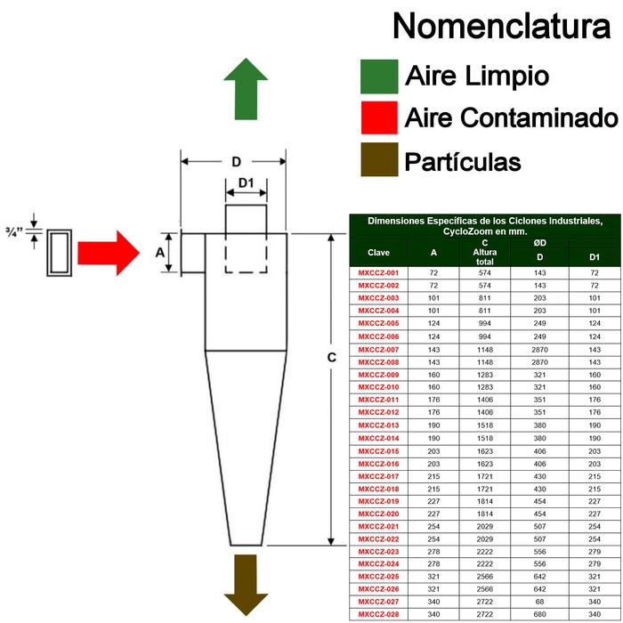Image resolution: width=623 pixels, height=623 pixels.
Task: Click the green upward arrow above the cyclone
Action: [x=246, y=89]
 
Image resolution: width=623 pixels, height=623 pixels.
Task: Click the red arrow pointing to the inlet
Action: [x=109, y=253]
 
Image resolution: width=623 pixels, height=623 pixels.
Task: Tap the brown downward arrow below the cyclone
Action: [x=246, y=585]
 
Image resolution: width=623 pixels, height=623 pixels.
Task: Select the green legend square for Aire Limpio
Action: [x=379, y=77]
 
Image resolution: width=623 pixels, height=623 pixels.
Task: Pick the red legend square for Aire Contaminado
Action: [x=379, y=117]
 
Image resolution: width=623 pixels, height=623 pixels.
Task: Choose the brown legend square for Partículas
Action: [x=379, y=159]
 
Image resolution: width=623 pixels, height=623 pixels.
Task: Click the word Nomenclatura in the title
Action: [x=501, y=26]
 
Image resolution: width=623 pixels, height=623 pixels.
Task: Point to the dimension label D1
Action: [x=246, y=182]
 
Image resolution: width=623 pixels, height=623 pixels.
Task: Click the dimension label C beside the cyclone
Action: [x=331, y=358]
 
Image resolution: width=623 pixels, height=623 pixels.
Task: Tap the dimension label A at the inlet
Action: [x=159, y=252]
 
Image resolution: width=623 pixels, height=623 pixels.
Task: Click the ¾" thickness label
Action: [x=15, y=231]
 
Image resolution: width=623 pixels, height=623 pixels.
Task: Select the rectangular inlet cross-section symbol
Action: [x=60, y=253]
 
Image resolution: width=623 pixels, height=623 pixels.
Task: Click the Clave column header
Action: [x=378, y=253]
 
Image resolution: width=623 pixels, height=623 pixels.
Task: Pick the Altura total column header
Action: [x=485, y=256]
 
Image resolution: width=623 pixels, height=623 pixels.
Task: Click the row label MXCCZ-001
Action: [x=378, y=273]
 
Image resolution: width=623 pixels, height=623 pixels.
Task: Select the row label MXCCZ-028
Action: [x=378, y=614]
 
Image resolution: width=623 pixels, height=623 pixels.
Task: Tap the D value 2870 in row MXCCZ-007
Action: [x=539, y=350]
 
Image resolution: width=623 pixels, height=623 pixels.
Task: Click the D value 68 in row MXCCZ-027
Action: [x=539, y=602]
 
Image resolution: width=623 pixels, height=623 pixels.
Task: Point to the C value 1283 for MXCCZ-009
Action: [x=485, y=375]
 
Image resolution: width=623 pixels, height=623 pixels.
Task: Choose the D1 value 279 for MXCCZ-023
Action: [x=595, y=552]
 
